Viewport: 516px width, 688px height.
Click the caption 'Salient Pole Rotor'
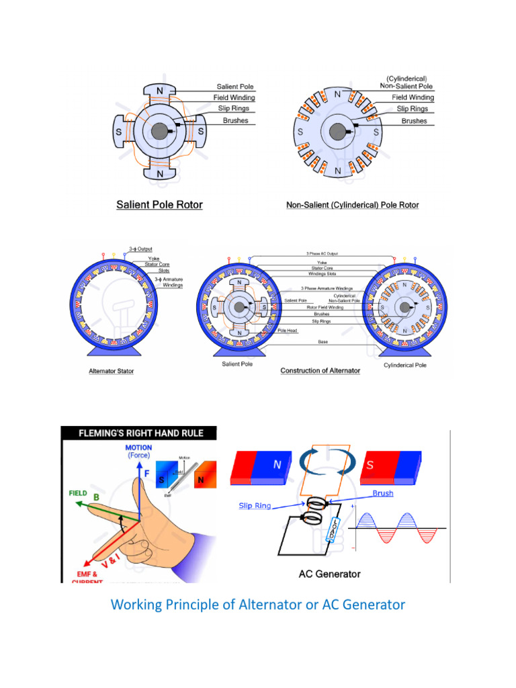[x=159, y=204]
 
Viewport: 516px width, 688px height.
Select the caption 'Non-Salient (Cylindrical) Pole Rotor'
[x=352, y=204]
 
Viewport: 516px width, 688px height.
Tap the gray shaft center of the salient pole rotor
[x=160, y=132]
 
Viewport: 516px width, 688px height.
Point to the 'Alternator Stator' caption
[x=111, y=371]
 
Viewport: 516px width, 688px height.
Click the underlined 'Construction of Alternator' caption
[x=320, y=371]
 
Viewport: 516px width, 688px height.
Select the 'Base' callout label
[x=323, y=342]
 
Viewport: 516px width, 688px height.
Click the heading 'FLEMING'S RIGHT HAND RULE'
[x=139, y=433]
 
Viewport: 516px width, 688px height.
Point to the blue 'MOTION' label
[x=138, y=447]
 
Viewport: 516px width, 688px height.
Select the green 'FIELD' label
[x=79, y=492]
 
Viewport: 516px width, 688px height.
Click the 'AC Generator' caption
[x=329, y=574]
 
